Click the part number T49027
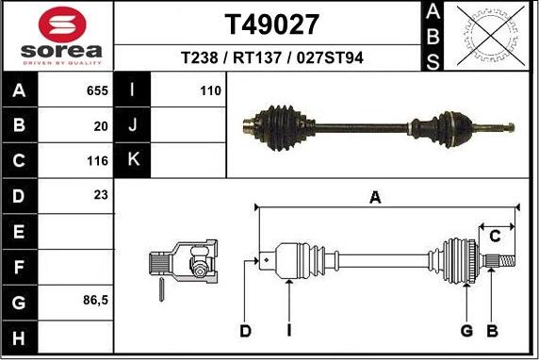click(x=271, y=24)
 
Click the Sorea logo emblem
click(x=57, y=24)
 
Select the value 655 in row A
click(x=99, y=90)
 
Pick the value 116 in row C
click(x=99, y=160)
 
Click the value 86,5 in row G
click(x=95, y=301)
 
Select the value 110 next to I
click(x=210, y=90)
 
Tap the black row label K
click(x=132, y=160)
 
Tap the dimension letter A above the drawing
click(x=375, y=198)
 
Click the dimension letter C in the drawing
click(x=494, y=237)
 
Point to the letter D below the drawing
click(x=245, y=331)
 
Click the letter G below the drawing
click(x=465, y=331)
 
